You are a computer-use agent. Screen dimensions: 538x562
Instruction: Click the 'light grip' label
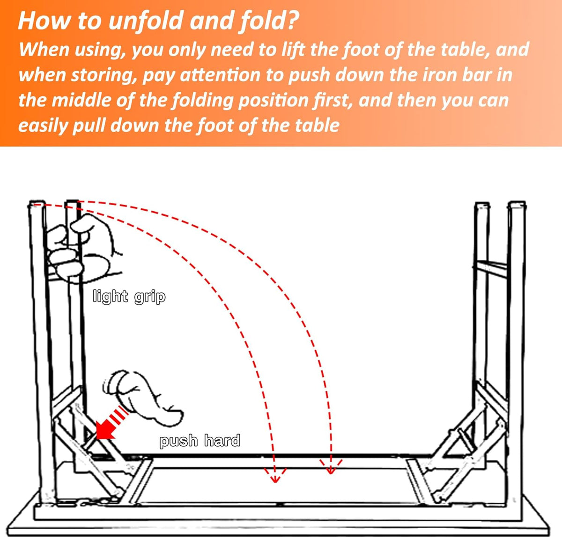129,297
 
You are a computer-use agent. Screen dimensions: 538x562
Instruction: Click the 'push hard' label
200,441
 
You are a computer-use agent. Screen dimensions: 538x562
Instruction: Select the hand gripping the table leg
80,248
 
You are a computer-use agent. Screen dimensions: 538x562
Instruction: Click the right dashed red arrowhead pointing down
331,467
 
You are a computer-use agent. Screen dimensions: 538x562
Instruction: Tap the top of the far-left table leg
36,205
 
